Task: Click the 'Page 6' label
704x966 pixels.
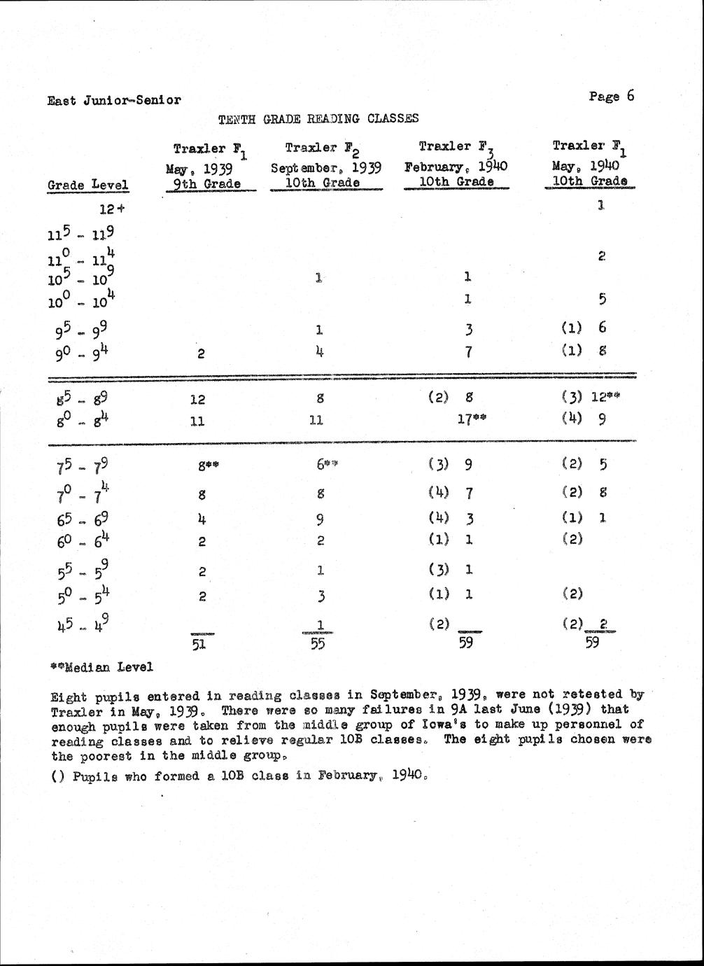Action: click(x=611, y=97)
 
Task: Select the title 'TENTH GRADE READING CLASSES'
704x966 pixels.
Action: click(x=318, y=119)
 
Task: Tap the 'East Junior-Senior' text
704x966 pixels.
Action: click(x=114, y=100)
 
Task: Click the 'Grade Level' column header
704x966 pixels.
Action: click(x=88, y=185)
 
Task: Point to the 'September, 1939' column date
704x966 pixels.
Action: click(x=325, y=168)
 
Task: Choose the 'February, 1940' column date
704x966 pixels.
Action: click(x=455, y=167)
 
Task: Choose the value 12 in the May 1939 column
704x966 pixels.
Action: click(x=198, y=399)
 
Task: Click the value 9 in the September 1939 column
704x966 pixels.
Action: click(x=319, y=519)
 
